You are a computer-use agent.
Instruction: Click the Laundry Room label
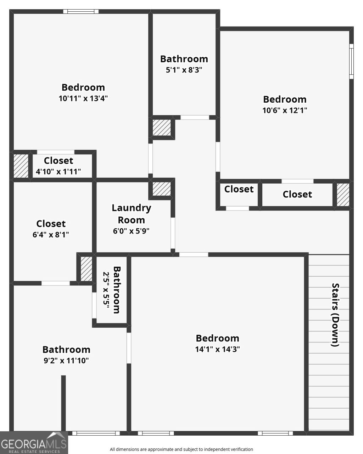(x=131, y=214)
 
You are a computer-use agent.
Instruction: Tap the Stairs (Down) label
(x=335, y=315)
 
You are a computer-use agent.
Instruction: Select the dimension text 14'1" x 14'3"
(x=217, y=350)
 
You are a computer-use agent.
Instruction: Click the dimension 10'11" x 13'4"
(x=83, y=98)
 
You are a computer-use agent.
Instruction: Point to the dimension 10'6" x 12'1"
(x=284, y=110)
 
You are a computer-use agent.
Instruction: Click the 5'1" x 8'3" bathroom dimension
(x=184, y=70)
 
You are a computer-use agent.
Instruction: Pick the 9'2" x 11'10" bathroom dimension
(x=66, y=361)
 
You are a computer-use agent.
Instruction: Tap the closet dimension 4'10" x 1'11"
(x=58, y=172)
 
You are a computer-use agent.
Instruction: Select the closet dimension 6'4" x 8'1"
(x=51, y=235)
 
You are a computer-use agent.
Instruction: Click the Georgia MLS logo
(x=34, y=443)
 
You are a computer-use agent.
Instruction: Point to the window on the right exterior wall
(x=351, y=61)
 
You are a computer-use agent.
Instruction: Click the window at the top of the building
(x=81, y=11)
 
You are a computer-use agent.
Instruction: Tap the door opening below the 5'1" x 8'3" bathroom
(x=195, y=117)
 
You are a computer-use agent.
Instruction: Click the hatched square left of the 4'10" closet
(x=21, y=166)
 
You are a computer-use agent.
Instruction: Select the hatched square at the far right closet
(x=343, y=195)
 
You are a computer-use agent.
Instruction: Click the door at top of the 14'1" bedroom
(x=194, y=254)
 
